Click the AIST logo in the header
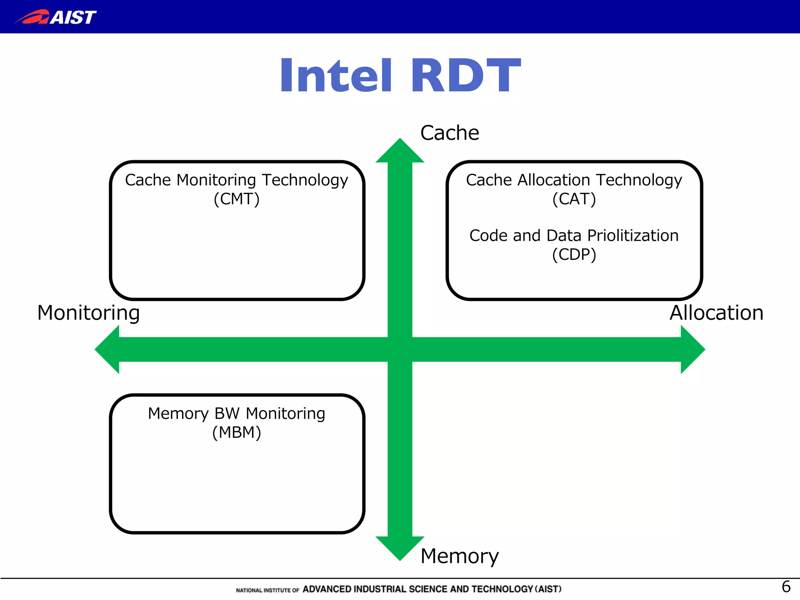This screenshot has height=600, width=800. click(x=55, y=17)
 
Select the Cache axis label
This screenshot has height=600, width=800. click(x=450, y=133)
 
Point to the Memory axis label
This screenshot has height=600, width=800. click(x=459, y=556)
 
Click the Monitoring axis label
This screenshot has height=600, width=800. click(x=88, y=313)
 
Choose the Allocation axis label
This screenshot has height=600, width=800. click(x=716, y=313)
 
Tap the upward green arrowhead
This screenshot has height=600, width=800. click(x=400, y=152)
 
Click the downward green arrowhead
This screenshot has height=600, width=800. click(x=400, y=547)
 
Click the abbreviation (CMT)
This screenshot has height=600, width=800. click(x=237, y=199)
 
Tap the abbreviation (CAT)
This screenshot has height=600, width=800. click(x=574, y=199)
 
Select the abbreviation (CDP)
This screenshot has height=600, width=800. click(x=574, y=255)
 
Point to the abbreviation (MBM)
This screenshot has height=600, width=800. click(x=237, y=433)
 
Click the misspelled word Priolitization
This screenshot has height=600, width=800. click(x=633, y=236)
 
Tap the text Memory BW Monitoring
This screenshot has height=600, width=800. click(x=237, y=414)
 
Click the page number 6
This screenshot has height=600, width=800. click(x=786, y=587)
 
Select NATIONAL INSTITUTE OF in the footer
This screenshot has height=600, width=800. click(x=268, y=590)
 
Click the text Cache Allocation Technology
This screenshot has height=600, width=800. click(x=574, y=180)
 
